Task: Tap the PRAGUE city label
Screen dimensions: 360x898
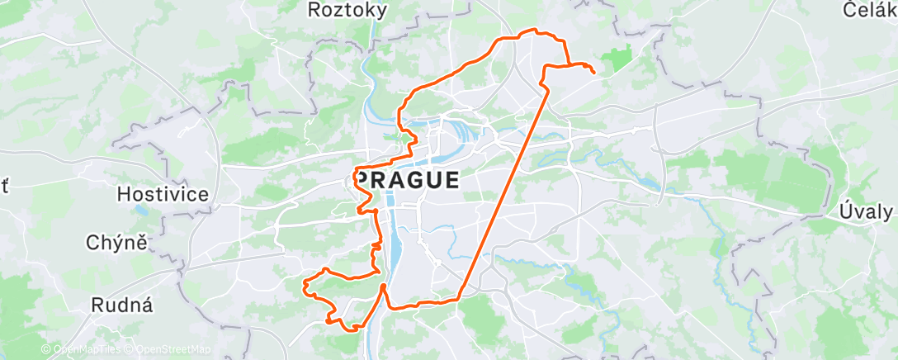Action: tap(408, 180)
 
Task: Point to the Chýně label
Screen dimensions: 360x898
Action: tap(116, 243)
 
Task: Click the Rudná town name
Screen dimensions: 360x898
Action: tap(122, 305)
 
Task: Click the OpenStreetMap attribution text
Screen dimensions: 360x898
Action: tap(173, 350)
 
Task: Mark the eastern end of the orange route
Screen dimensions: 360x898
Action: tap(594, 73)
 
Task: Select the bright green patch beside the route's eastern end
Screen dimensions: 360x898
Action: tap(617, 59)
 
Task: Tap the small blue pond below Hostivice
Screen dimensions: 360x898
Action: tap(143, 211)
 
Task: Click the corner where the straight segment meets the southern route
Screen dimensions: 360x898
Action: tap(459, 300)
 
